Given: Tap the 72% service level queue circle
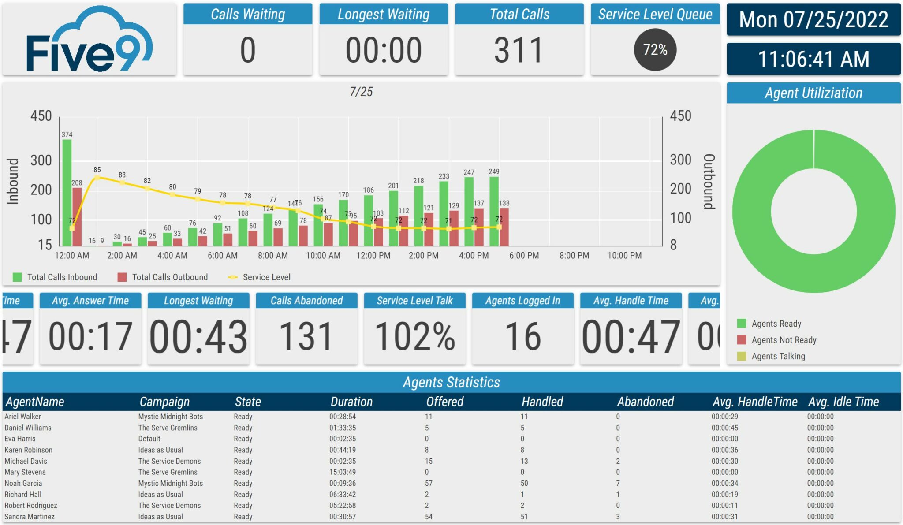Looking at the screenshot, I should (655, 50).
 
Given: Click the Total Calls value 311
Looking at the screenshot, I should (519, 50).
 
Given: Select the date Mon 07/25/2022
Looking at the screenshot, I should (813, 20).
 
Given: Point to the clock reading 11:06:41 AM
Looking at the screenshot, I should (813, 59).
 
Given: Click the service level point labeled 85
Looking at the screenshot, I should (97, 178).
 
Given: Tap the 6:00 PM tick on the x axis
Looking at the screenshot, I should (524, 256).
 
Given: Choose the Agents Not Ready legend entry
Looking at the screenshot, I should (784, 340).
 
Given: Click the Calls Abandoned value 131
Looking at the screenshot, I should (306, 337).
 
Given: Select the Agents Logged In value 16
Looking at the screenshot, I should (522, 337).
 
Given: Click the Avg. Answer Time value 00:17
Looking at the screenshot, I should (90, 337).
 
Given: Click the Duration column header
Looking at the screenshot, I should (351, 402).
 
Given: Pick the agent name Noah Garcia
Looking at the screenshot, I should (23, 483).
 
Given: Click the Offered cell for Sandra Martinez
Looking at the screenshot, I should (429, 517).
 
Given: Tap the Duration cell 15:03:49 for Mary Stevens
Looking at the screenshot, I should (342, 472).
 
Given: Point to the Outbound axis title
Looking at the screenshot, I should (709, 181).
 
